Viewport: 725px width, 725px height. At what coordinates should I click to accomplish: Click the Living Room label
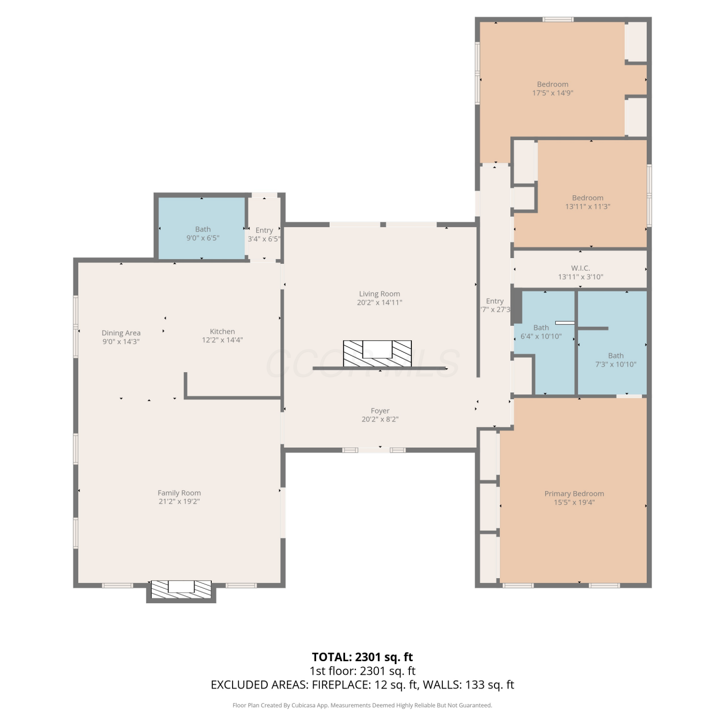click(x=379, y=294)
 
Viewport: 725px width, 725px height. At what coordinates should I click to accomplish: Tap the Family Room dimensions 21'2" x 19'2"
click(x=179, y=502)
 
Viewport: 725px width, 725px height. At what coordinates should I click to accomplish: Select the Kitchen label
click(x=222, y=332)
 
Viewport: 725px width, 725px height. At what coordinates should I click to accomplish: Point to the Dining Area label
click(x=121, y=333)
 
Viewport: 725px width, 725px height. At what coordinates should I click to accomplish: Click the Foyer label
click(x=380, y=411)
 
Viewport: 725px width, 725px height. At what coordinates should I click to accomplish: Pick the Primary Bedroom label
click(x=574, y=493)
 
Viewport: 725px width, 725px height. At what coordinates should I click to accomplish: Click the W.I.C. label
click(x=580, y=268)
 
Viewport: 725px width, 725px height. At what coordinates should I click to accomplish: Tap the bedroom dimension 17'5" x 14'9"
click(x=553, y=93)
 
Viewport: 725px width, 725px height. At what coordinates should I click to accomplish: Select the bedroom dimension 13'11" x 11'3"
click(x=588, y=206)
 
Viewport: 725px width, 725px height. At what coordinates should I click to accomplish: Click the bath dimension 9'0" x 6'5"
click(x=203, y=238)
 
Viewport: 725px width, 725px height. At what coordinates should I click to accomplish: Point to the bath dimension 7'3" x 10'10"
click(x=616, y=364)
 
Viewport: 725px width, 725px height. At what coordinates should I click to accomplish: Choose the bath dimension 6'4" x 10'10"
click(x=541, y=336)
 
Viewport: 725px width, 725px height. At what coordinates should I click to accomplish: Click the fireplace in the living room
click(x=377, y=353)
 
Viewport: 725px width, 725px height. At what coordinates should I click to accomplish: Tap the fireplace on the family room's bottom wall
click(x=181, y=589)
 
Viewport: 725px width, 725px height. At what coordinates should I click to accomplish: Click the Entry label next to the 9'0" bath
click(x=264, y=230)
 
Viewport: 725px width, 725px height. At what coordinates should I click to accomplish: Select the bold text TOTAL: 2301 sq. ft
click(x=362, y=657)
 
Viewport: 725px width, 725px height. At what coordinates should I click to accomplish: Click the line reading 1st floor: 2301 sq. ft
click(x=362, y=671)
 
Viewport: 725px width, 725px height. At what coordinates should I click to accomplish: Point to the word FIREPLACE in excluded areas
click(x=341, y=685)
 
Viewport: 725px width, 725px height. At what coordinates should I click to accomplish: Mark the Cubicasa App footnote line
click(x=362, y=705)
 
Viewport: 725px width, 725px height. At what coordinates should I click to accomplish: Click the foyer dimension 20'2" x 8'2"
click(x=380, y=420)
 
